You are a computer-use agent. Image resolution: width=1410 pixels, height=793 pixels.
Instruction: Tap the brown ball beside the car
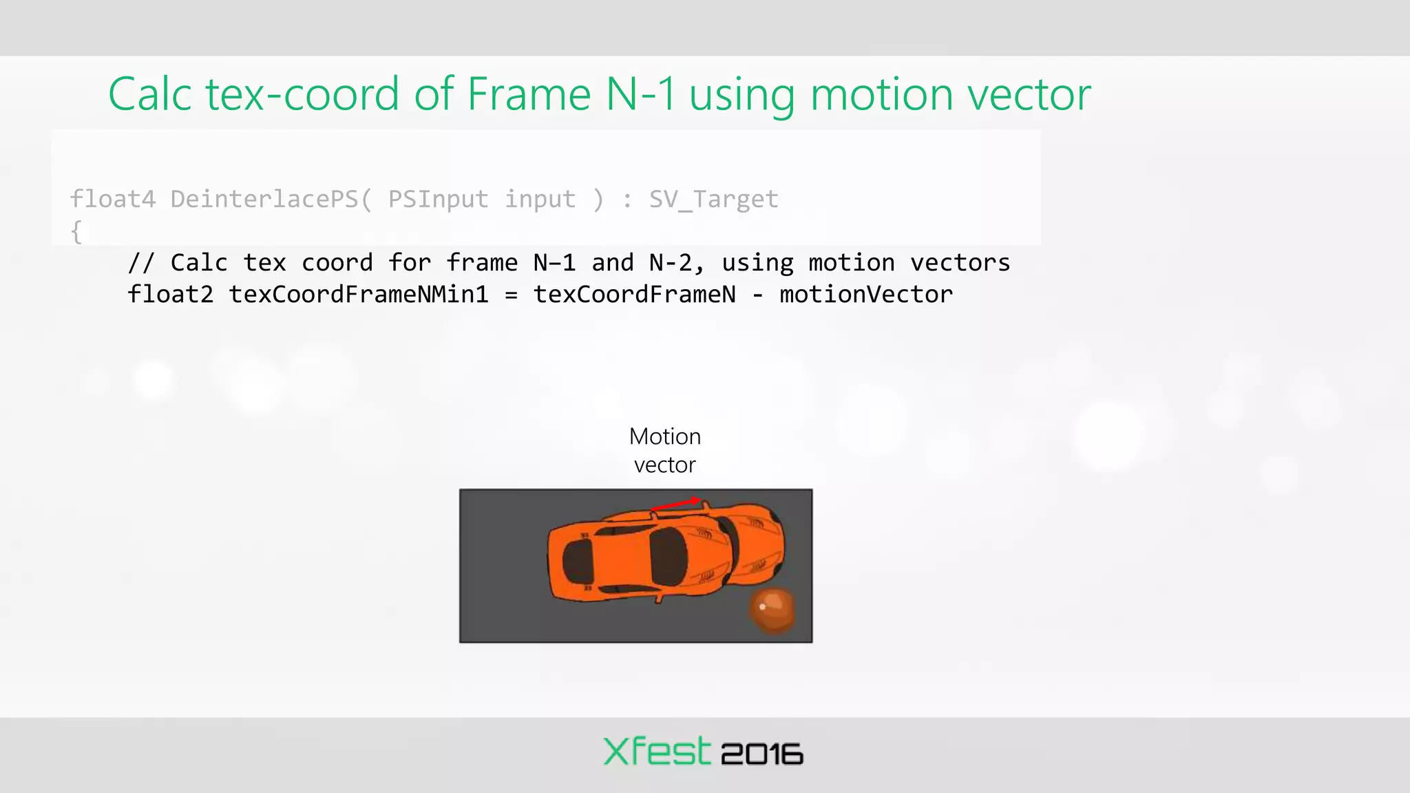[772, 611]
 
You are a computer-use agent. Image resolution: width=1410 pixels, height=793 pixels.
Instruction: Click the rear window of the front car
[577, 561]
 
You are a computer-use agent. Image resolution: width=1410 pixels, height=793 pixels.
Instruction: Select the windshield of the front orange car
[669, 558]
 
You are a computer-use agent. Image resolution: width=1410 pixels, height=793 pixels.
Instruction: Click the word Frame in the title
[529, 94]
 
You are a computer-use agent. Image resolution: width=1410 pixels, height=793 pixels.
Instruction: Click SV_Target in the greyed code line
[713, 199]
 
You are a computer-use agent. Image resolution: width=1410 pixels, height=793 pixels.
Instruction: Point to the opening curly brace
[76, 231]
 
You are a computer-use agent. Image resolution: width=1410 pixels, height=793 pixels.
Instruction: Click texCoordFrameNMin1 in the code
[358, 295]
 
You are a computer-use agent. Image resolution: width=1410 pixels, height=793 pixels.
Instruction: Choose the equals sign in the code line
[511, 295]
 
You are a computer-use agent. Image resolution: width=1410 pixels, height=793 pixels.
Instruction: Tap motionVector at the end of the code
[865, 295]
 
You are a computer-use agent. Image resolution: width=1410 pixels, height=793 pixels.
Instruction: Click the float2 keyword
[170, 295]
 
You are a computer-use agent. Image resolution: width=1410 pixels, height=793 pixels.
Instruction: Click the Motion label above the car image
[665, 436]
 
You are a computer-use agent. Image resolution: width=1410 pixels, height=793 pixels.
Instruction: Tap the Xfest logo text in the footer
[656, 752]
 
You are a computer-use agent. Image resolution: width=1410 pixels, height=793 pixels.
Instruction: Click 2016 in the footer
[762, 754]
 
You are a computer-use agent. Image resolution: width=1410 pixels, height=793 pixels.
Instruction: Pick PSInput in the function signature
[438, 199]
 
